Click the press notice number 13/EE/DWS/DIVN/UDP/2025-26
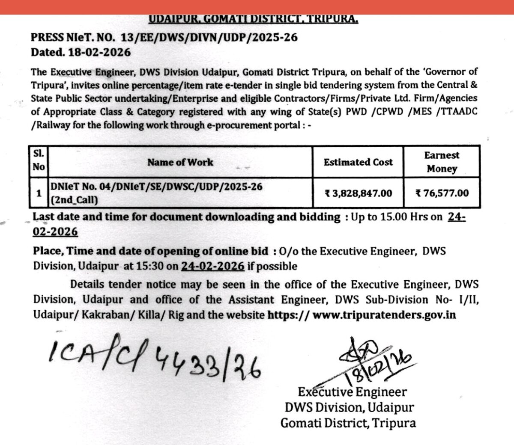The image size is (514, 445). coord(209,37)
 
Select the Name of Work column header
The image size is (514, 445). coord(180,162)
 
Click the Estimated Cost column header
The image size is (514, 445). coord(358,162)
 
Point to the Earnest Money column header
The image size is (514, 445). coord(442,162)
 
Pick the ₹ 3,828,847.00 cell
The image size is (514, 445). coord(358,193)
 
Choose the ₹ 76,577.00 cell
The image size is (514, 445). coord(442,193)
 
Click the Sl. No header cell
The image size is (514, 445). coord(39,160)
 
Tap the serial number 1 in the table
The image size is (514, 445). coord(39,193)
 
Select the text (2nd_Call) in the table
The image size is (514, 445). coord(74,200)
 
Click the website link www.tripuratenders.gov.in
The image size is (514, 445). coord(384,315)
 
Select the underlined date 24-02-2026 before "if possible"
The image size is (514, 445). coord(213,266)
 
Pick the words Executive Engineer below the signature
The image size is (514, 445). coord(352,392)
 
